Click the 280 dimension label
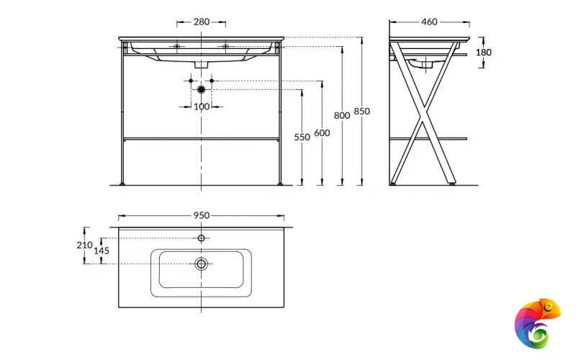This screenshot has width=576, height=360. pyautogui.click(x=202, y=22)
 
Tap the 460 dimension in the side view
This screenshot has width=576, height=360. pyautogui.click(x=429, y=22)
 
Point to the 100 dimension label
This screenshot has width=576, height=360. pyautogui.click(x=202, y=107)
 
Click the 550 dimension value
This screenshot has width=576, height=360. pyautogui.click(x=302, y=137)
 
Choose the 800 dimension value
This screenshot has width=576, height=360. pyautogui.click(x=342, y=115)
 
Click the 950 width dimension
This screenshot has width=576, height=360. pyautogui.click(x=201, y=215)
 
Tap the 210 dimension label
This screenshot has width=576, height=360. pyautogui.click(x=84, y=245)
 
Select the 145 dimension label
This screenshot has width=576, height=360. pyautogui.click(x=102, y=251)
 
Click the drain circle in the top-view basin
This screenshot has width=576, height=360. pyautogui.click(x=202, y=264)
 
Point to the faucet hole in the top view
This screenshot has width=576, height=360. pyautogui.click(x=202, y=238)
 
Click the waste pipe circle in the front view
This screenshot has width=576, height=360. pyautogui.click(x=202, y=89)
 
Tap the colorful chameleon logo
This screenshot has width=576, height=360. pyautogui.click(x=536, y=321)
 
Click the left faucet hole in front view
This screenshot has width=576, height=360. pyautogui.click(x=177, y=47)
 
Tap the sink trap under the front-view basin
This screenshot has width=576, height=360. pyautogui.click(x=202, y=64)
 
